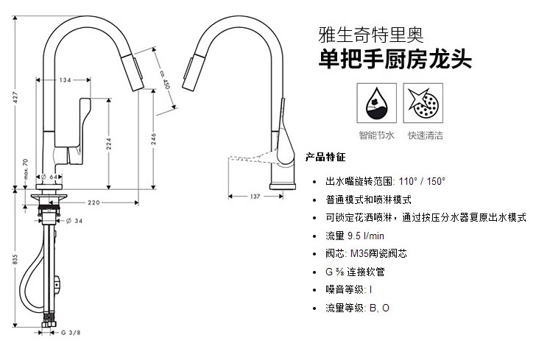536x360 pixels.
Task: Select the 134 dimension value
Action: pos(66,80)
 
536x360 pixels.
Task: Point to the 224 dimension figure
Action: pos(108,143)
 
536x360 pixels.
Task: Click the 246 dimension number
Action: pos(154,138)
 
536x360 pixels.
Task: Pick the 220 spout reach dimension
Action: pos(94,202)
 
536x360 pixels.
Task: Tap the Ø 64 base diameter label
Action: pos(49,177)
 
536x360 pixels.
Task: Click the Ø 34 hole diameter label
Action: pos(74,220)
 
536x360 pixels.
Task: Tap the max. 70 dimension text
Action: pos(25,170)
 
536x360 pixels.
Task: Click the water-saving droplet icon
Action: pos(376,104)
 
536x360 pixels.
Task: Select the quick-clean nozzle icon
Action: pos(426,104)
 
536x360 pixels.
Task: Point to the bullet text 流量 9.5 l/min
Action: pos(355,236)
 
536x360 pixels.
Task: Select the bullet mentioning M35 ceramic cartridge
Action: pos(366,253)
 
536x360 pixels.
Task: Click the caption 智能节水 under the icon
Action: pos(377,135)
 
